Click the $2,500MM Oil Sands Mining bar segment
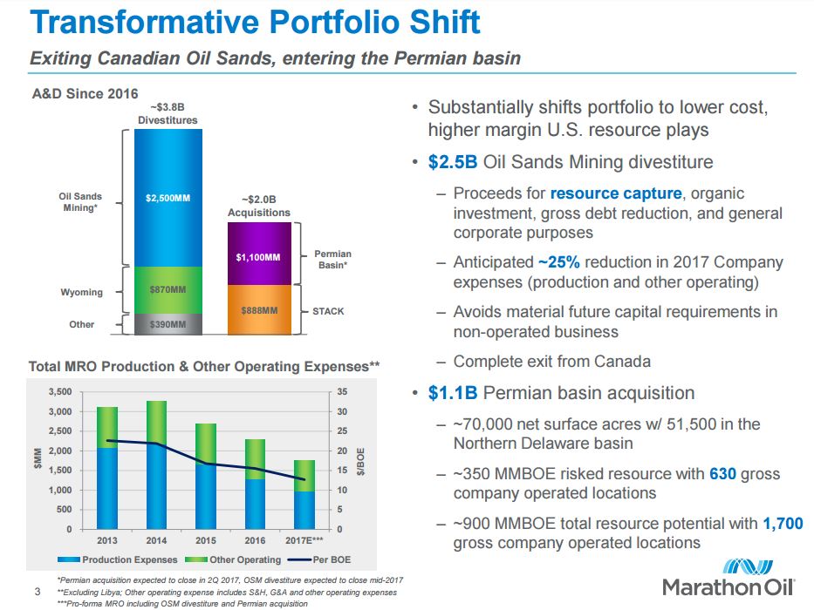click(168, 198)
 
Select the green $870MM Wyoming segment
click(168, 288)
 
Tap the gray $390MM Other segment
click(168, 324)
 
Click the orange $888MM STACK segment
click(258, 310)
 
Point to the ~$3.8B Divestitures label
click(168, 113)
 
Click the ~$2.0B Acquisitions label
click(258, 206)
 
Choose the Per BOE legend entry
click(325, 559)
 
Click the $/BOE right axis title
click(360, 461)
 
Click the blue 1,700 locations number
click(783, 524)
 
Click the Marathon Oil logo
click(728, 574)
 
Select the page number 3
click(37, 593)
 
